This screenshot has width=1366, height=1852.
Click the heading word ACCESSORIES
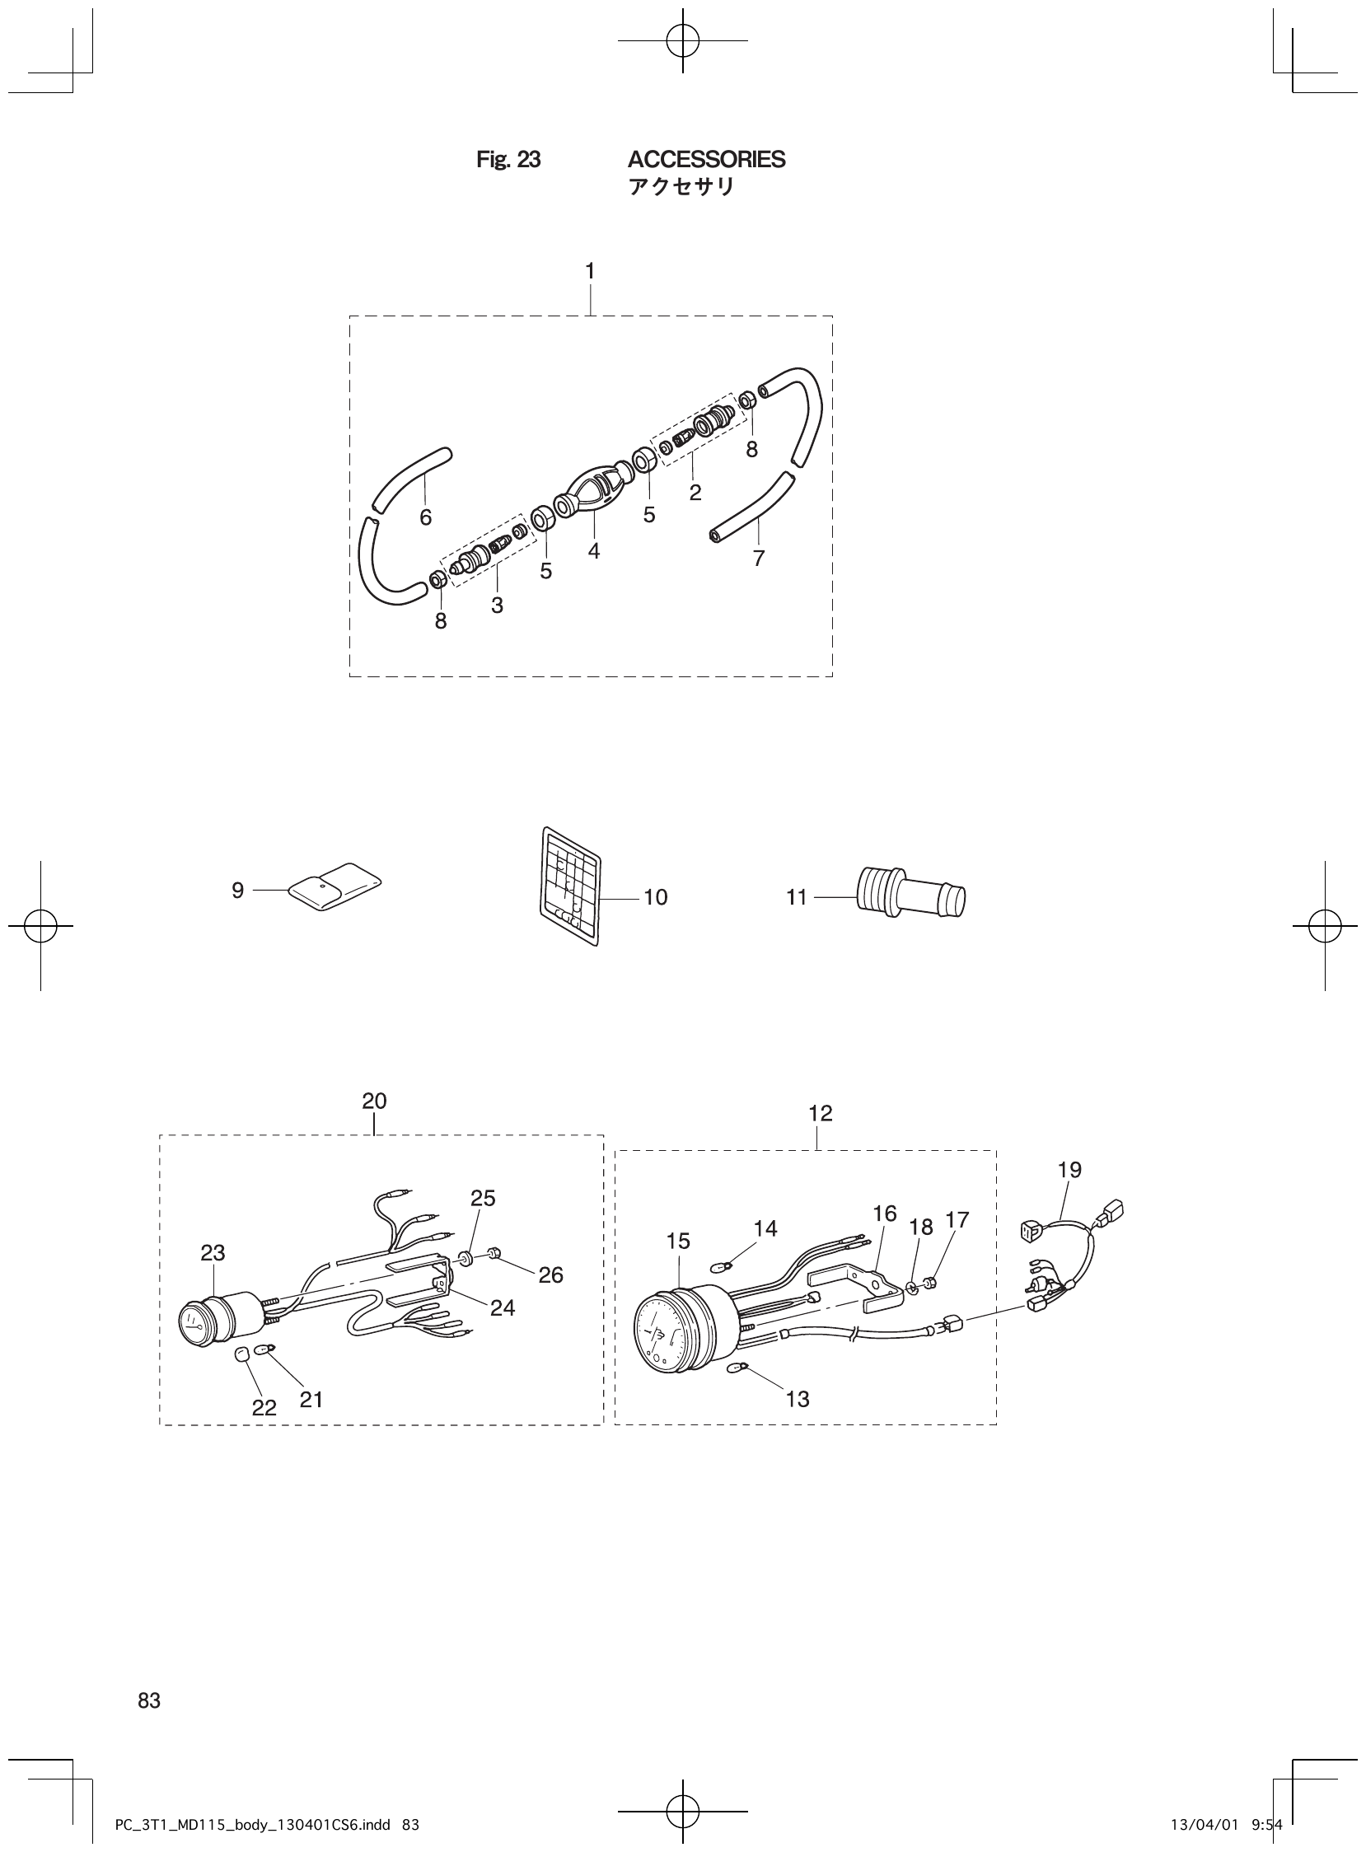(706, 160)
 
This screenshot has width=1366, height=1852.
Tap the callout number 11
(795, 897)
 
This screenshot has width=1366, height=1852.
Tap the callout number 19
(1069, 1170)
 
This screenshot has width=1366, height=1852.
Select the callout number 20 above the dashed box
(374, 1101)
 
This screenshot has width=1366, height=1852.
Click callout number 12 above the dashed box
(820, 1114)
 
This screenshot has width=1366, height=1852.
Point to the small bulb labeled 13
(736, 1368)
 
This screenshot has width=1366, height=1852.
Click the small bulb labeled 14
(720, 1265)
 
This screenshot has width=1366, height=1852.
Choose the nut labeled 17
(929, 1283)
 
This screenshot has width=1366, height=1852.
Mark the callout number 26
(550, 1276)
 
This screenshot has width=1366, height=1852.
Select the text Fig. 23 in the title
(508, 160)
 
